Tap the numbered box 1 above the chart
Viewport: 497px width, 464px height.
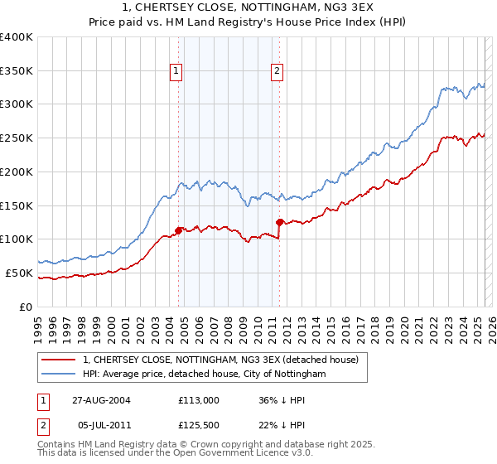(x=177, y=72)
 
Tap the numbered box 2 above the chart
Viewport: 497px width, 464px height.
(x=276, y=72)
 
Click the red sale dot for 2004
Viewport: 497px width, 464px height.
(x=179, y=230)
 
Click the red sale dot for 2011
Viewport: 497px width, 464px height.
(x=280, y=221)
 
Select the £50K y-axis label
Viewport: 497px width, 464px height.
(x=18, y=273)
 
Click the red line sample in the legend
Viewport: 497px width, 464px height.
(x=57, y=360)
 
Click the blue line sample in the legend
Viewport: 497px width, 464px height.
(x=57, y=375)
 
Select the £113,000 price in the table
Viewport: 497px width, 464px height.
(x=199, y=399)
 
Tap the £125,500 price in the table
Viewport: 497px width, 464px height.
(x=199, y=428)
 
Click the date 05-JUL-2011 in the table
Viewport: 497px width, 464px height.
(x=99, y=428)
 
